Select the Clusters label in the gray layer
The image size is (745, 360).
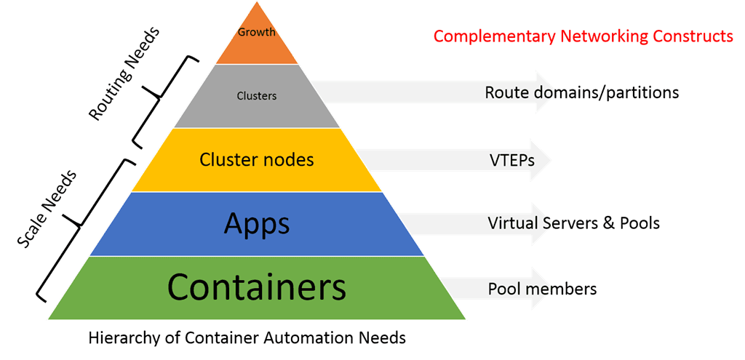tap(257, 95)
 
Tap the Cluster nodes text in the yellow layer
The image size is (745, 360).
tap(257, 159)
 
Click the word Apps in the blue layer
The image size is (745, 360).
tap(257, 224)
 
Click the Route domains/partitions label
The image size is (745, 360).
tap(582, 92)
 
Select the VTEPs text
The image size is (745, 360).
tap(511, 159)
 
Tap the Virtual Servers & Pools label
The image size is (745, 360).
tap(574, 223)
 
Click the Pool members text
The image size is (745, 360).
tap(542, 289)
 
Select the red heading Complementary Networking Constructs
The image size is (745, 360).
tap(583, 36)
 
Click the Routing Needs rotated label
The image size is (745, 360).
tap(123, 73)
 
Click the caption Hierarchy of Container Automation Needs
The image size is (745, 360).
tap(247, 338)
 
